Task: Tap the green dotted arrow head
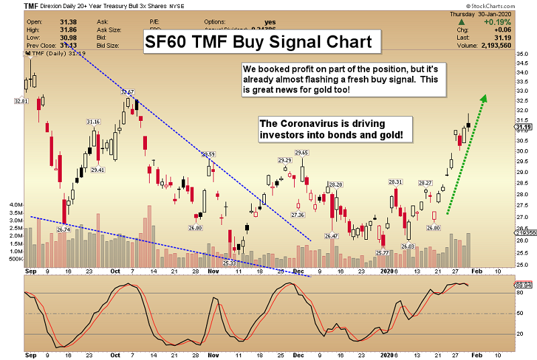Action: pyautogui.click(x=483, y=99)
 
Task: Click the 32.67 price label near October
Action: pyautogui.click(x=127, y=91)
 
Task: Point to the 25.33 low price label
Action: pyautogui.click(x=229, y=263)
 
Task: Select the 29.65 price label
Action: pyautogui.click(x=301, y=152)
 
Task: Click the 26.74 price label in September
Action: pyautogui.click(x=64, y=230)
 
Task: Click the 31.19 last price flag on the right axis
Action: pyautogui.click(x=524, y=126)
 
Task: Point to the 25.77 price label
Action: pyautogui.click(x=383, y=253)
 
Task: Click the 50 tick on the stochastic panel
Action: pyautogui.click(x=519, y=314)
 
